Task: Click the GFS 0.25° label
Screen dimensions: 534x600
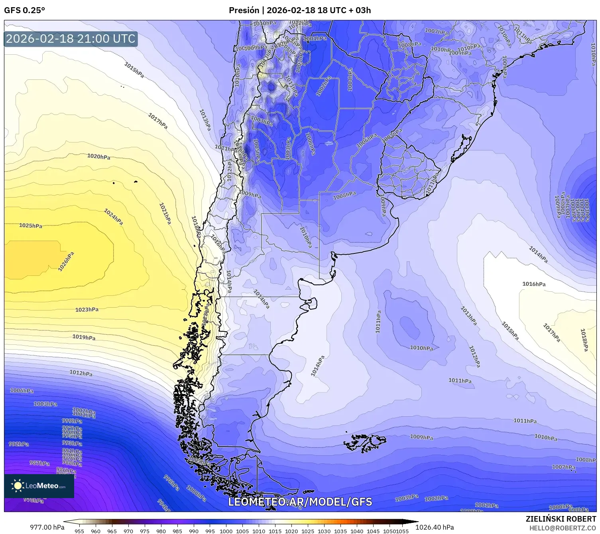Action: coord(25,10)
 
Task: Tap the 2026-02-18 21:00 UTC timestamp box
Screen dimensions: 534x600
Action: coord(71,39)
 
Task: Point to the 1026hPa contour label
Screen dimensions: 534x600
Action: coord(66,261)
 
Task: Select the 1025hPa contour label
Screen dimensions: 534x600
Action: coord(31,225)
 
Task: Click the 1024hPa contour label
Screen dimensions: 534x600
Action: coord(114,217)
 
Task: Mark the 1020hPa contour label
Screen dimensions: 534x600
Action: coord(98,156)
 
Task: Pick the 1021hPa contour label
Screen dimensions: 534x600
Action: coord(165,214)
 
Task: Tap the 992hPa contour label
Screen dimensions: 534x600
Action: coord(19,444)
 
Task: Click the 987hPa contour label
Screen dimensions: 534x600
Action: coord(39,463)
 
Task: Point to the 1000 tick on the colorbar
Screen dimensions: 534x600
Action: coord(226,531)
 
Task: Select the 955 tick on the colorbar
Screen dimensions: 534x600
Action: coord(79,531)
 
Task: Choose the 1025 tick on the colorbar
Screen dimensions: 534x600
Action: coord(308,531)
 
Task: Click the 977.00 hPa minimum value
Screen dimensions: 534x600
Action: coord(47,527)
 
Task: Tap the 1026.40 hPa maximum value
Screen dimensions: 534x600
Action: coord(435,527)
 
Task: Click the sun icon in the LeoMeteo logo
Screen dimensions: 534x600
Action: coord(18,486)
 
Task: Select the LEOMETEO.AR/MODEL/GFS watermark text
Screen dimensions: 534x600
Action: coord(300,502)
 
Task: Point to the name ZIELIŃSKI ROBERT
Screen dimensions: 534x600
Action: coord(561,519)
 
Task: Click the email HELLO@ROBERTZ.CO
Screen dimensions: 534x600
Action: coord(563,528)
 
